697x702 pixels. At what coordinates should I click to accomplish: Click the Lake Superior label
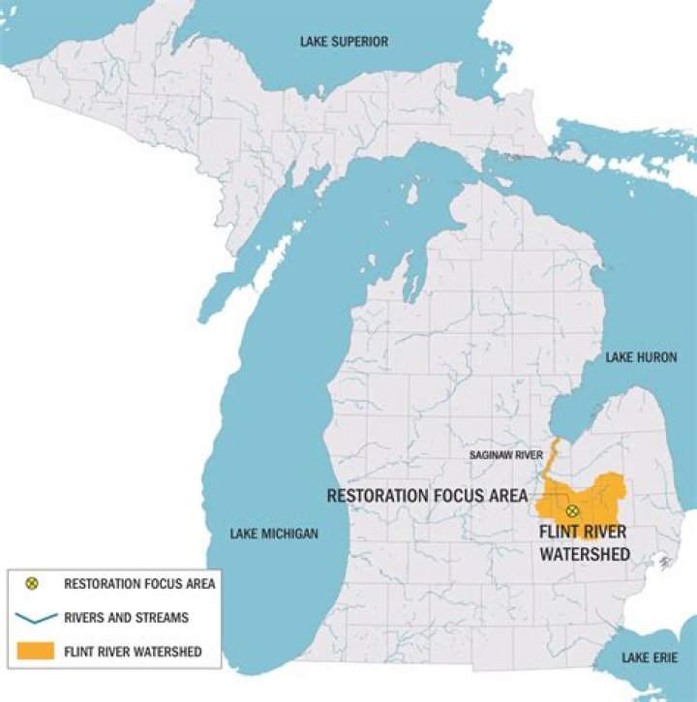point(344,42)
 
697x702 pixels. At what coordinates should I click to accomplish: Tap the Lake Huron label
point(641,358)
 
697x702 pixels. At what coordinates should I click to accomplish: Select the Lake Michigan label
point(274,534)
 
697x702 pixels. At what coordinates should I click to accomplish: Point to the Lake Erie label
point(649,658)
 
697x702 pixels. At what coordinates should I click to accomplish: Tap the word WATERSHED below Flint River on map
point(585,554)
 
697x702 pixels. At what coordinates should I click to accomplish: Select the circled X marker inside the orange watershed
point(572,510)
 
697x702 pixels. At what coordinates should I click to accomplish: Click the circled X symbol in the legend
point(31,583)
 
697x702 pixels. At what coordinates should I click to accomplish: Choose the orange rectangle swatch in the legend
point(32,652)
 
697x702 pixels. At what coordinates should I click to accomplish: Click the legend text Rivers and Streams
point(126,617)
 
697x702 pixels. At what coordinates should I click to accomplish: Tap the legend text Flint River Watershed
point(133,652)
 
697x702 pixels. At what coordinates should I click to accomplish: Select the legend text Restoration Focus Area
point(139,583)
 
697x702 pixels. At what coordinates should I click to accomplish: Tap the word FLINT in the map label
point(561,534)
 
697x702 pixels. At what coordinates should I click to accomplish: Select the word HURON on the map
point(656,358)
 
